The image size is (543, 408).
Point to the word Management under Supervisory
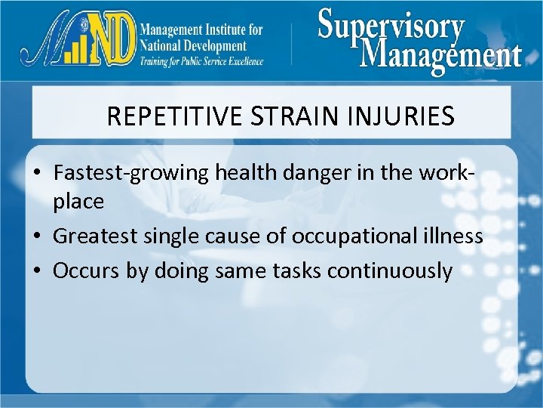coord(440,55)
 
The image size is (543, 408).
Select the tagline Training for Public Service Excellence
coord(202,61)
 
